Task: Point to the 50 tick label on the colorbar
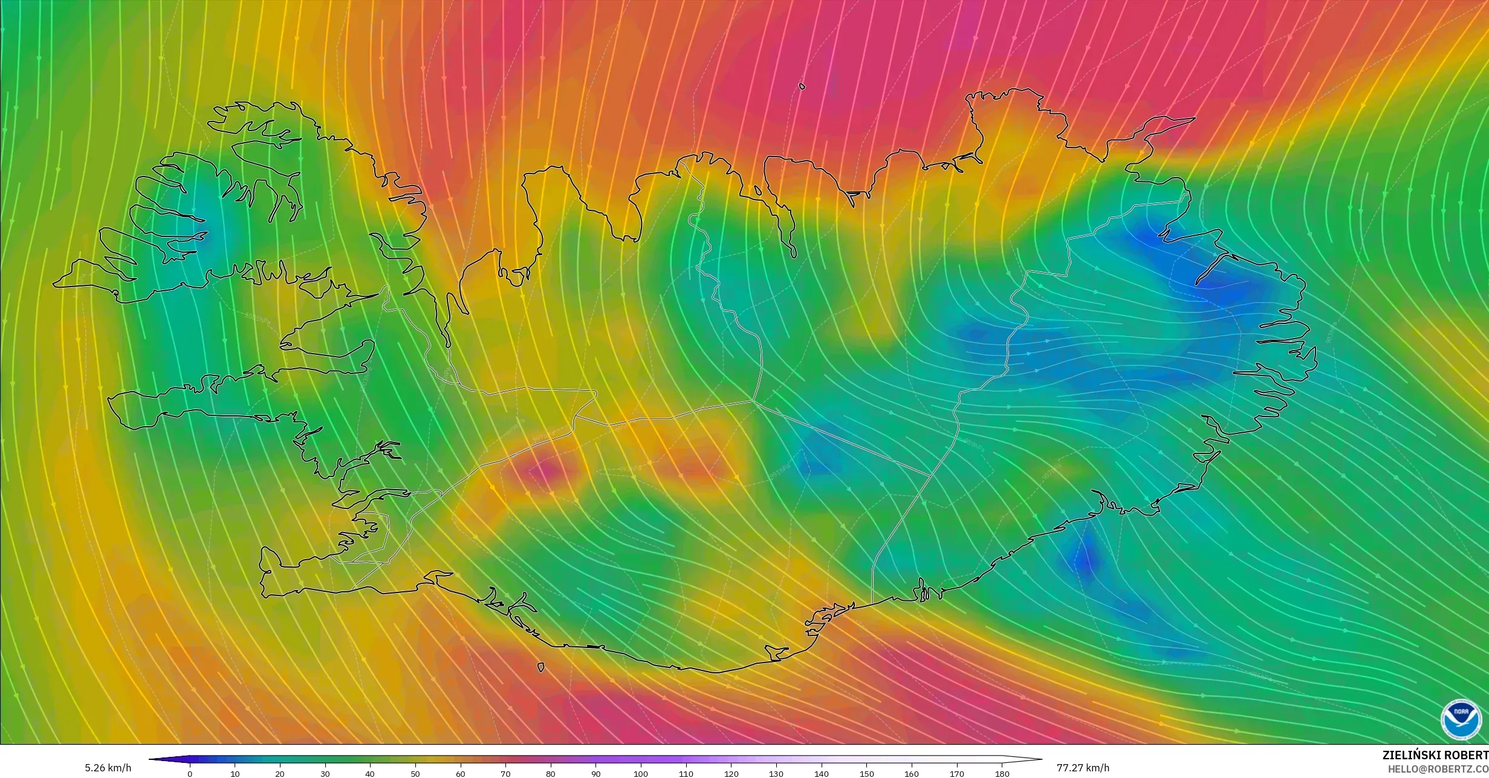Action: pyautogui.click(x=415, y=774)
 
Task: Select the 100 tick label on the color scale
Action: pyautogui.click(x=641, y=774)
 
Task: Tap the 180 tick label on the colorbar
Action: pyautogui.click(x=1002, y=774)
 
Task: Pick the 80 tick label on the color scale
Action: pyautogui.click(x=551, y=774)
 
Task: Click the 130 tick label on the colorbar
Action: pyautogui.click(x=776, y=774)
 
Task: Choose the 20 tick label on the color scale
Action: pyautogui.click(x=280, y=774)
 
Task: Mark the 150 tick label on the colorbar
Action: pyautogui.click(x=866, y=774)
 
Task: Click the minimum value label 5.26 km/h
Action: pyautogui.click(x=108, y=768)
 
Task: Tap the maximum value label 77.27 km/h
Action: pyautogui.click(x=1083, y=768)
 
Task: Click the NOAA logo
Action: pyautogui.click(x=1461, y=719)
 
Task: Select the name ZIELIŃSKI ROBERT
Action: pyautogui.click(x=1435, y=755)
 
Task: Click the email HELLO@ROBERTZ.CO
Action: pyautogui.click(x=1438, y=769)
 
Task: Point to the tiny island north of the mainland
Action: pyautogui.click(x=802, y=86)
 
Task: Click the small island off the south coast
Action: pyautogui.click(x=540, y=667)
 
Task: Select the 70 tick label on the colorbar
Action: pyautogui.click(x=505, y=774)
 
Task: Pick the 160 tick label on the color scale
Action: pyautogui.click(x=912, y=774)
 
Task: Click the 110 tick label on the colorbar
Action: pyautogui.click(x=686, y=774)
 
